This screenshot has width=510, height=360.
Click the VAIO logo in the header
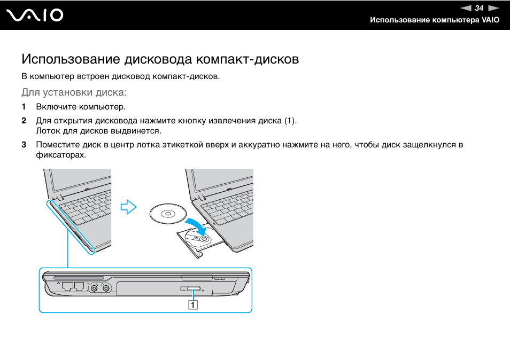[x=35, y=15]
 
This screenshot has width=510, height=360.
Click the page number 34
[x=479, y=8]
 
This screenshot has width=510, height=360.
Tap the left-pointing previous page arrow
[x=466, y=8]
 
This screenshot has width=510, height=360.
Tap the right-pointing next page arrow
[x=493, y=8]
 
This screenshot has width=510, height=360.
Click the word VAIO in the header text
[x=490, y=20]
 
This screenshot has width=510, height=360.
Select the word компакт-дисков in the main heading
[x=248, y=59]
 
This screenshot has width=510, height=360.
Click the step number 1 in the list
[x=24, y=107]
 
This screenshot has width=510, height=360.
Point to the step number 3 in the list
[x=24, y=145]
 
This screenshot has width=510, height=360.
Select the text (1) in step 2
[x=290, y=121]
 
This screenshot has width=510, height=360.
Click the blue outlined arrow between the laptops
[x=128, y=207]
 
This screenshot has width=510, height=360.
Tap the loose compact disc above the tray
[x=168, y=214]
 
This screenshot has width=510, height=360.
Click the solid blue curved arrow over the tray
[x=196, y=226]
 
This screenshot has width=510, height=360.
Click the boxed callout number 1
[x=193, y=305]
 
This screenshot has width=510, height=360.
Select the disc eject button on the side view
[x=191, y=288]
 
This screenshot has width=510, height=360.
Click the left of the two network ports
[x=67, y=286]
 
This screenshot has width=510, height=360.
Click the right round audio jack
[x=106, y=288]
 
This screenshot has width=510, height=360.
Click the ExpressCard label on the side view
[x=219, y=279]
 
